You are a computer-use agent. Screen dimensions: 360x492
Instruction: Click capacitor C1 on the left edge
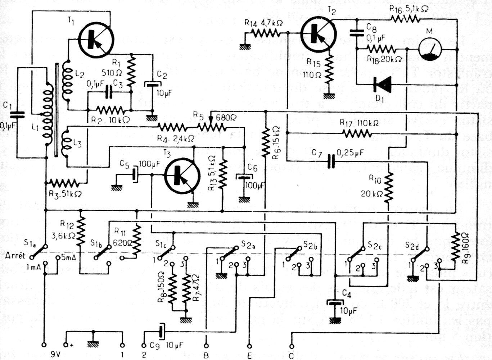tap(17, 115)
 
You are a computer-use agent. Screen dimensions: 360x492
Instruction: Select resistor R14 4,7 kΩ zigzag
tap(266, 33)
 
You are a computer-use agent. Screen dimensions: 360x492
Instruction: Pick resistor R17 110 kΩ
tap(357, 134)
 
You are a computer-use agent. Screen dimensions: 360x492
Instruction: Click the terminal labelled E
tap(249, 344)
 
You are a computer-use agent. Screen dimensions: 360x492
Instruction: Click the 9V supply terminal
tap(44, 344)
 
